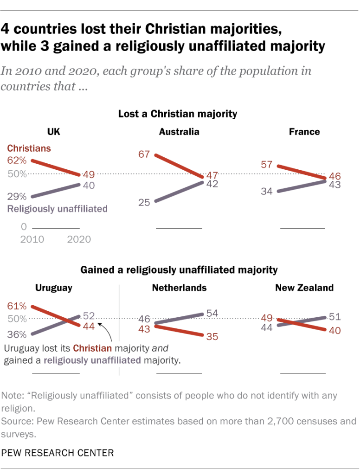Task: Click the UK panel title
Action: coord(54,132)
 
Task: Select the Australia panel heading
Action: coord(179,132)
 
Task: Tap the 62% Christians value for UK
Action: coord(16,160)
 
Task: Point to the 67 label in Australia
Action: coord(144,154)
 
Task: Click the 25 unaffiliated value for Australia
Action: coord(144,202)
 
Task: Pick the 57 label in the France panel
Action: coord(266,165)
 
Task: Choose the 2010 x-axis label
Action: coord(32,239)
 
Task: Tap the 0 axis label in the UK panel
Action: coord(23,227)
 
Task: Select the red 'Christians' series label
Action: coord(29,148)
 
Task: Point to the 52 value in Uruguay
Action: coord(89,316)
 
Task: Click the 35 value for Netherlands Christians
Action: coord(212,337)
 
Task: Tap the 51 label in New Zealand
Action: coord(334,317)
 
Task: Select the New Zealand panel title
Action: coord(304,288)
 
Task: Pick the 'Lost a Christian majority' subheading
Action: coord(178,113)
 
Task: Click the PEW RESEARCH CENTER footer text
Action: coord(58,452)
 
